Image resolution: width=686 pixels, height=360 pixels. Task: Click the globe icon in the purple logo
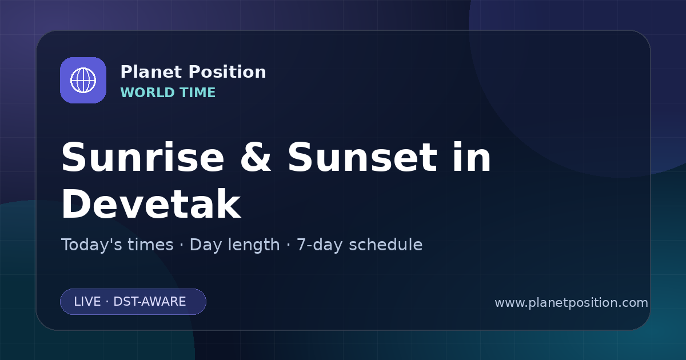pyautogui.click(x=83, y=80)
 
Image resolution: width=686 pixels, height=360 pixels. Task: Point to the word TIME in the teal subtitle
pyautogui.click(x=198, y=93)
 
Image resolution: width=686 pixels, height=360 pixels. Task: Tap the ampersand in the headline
pyautogui.click(x=256, y=157)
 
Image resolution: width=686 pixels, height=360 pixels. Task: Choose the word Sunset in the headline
pyautogui.click(x=362, y=157)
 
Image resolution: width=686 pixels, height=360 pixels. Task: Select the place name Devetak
pyautogui.click(x=151, y=204)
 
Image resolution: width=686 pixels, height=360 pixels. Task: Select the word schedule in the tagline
pyautogui.click(x=386, y=245)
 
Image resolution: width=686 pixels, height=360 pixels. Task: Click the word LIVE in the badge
pyautogui.click(x=87, y=302)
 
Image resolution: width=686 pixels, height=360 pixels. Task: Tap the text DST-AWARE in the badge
pyautogui.click(x=149, y=302)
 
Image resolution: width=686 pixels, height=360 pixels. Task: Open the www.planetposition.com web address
pyautogui.click(x=572, y=303)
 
